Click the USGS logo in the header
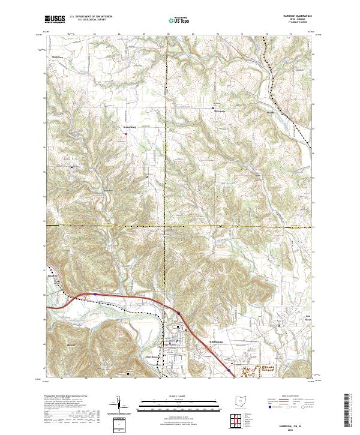pos(54,19)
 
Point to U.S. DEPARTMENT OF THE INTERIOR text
pos(91,17)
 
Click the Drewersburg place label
pos(130,127)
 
